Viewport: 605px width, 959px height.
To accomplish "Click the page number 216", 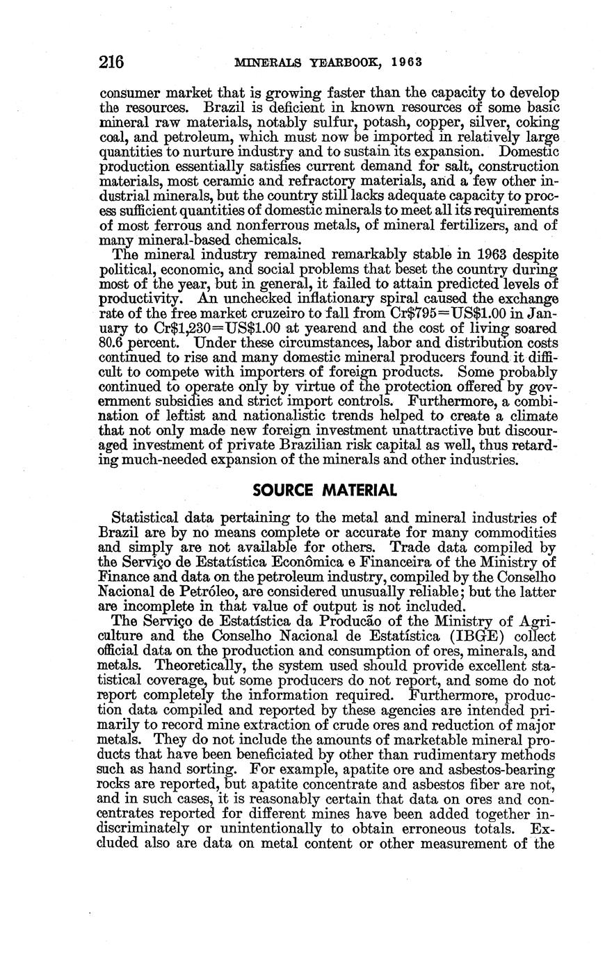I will pyautogui.click(x=111, y=62).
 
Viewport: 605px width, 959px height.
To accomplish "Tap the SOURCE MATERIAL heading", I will pyautogui.click(x=325, y=491).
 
